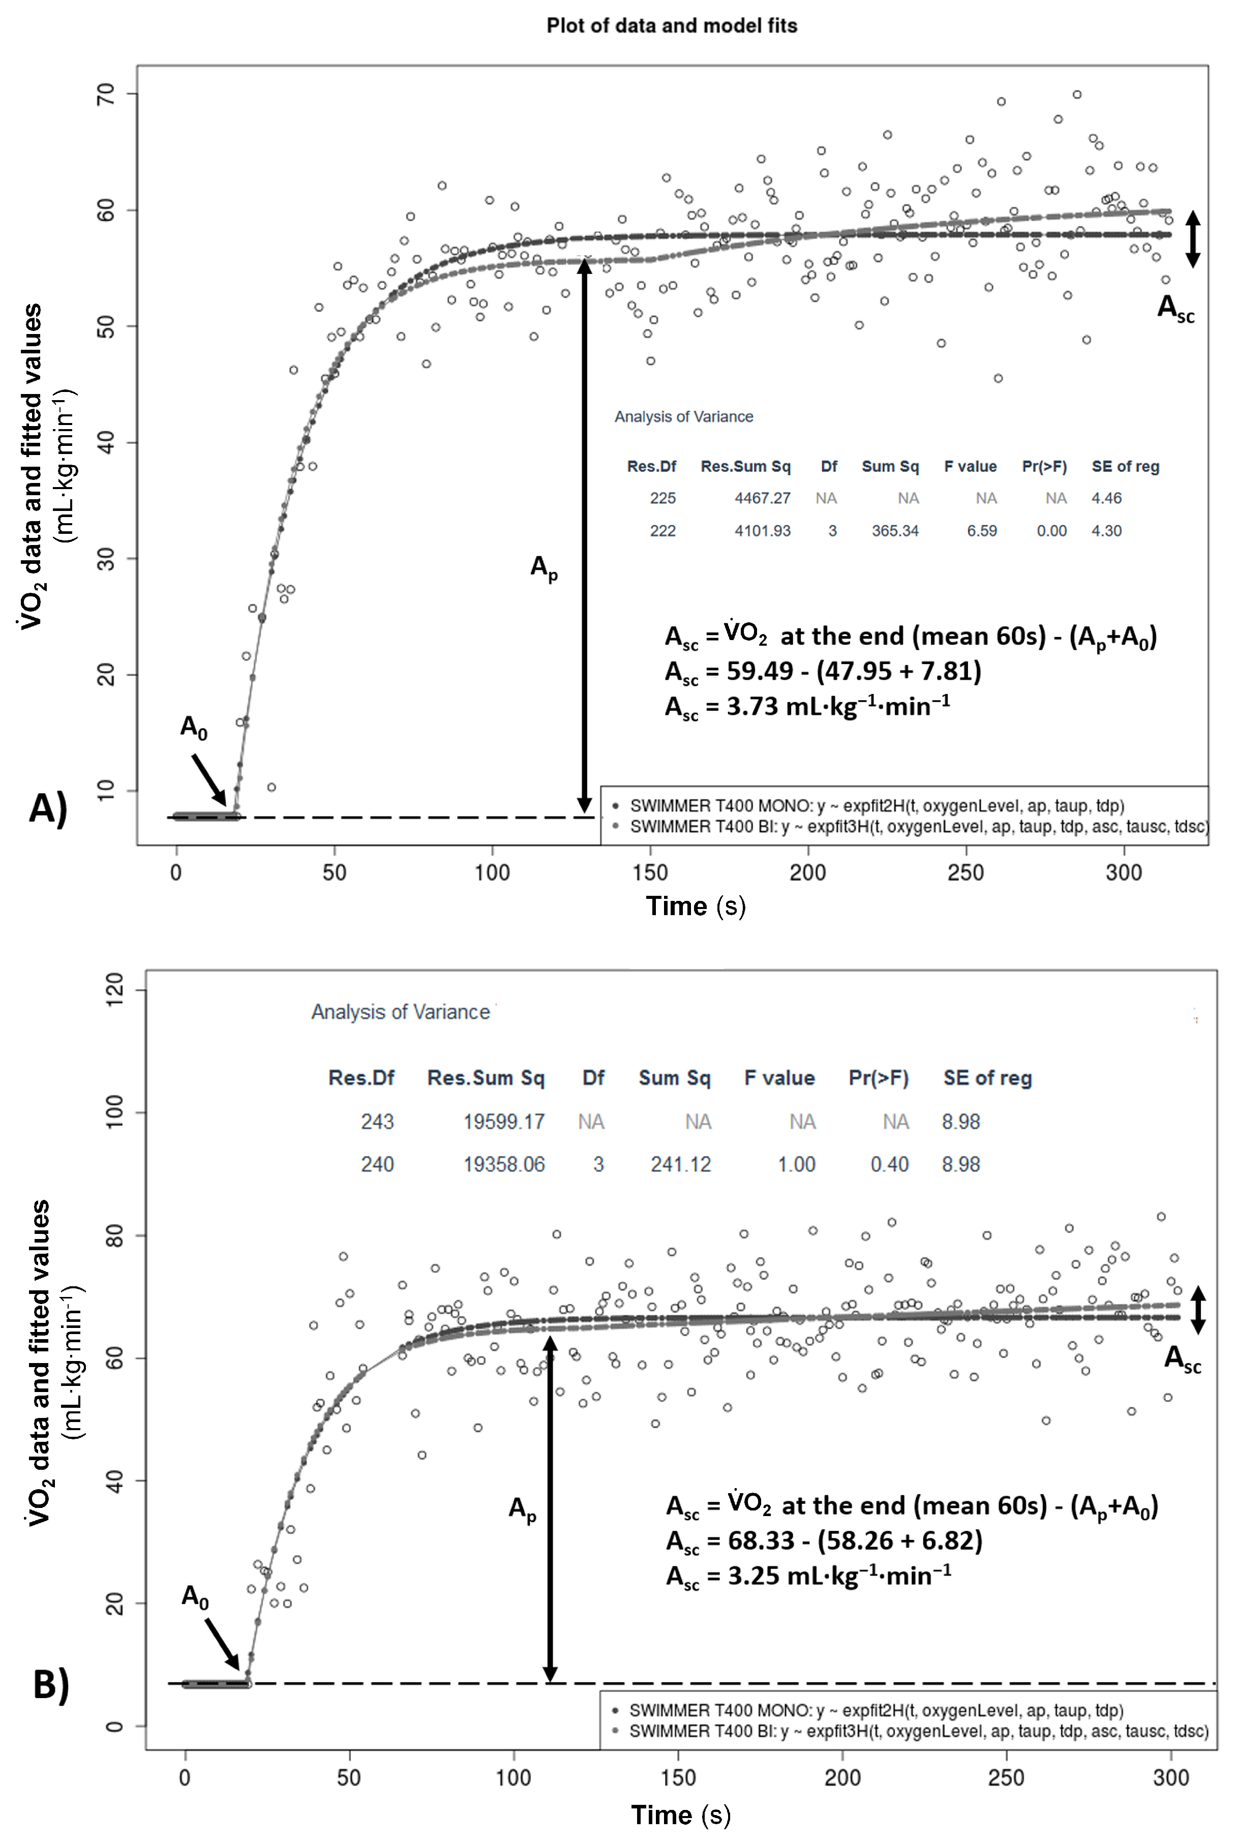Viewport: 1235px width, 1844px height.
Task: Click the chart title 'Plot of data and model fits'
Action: (672, 26)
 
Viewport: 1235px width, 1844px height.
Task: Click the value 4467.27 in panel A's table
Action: (762, 498)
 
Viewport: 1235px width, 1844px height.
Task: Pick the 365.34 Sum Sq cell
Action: (895, 531)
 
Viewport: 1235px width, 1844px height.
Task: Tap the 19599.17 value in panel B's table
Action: (503, 1121)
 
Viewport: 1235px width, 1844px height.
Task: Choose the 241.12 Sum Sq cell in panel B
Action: (680, 1164)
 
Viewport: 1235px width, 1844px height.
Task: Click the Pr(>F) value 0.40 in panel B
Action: (889, 1164)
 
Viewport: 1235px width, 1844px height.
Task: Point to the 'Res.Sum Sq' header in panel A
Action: (745, 466)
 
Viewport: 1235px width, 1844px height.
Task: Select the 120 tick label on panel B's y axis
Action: (114, 990)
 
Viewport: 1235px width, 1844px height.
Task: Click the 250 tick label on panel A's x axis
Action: (966, 872)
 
